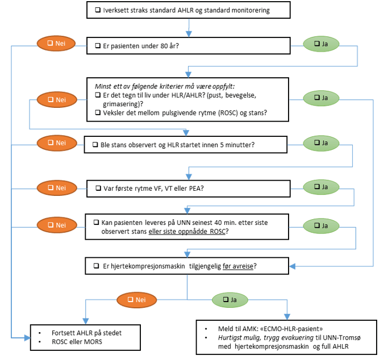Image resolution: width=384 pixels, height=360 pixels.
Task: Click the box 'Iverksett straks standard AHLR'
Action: point(189,10)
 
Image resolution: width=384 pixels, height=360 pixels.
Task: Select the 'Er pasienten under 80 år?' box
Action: point(189,45)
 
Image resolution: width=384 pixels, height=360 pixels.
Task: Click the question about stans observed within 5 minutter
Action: point(186,145)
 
